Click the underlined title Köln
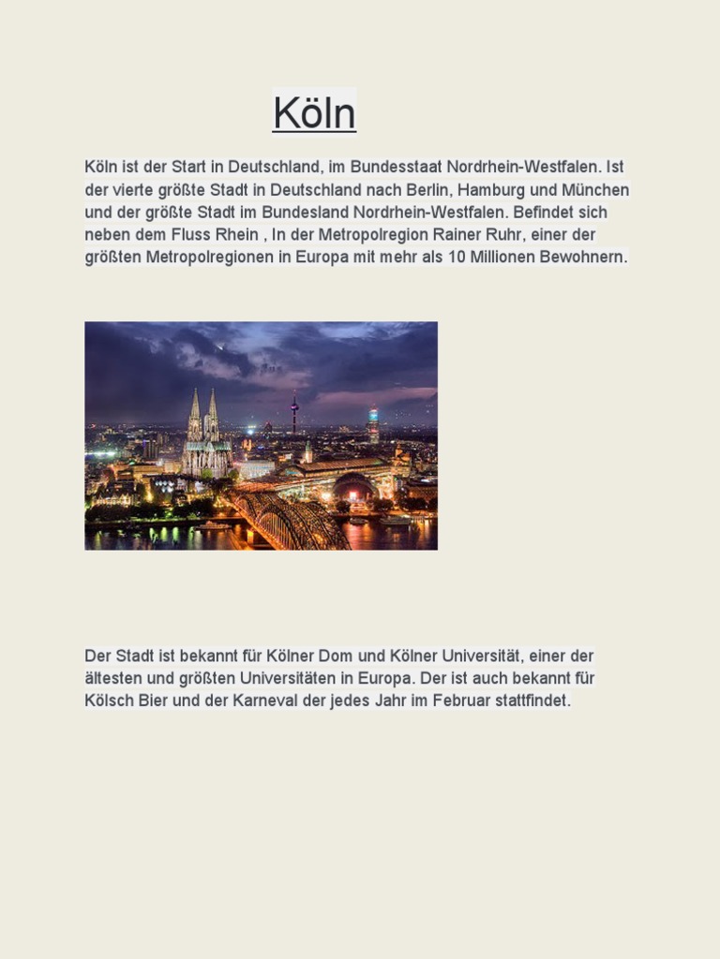coord(314,114)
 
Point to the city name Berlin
coord(427,189)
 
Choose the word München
coord(597,189)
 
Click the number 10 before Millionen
coord(457,257)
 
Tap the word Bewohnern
coord(583,257)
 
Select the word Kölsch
coord(109,701)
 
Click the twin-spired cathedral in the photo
coord(205,435)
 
